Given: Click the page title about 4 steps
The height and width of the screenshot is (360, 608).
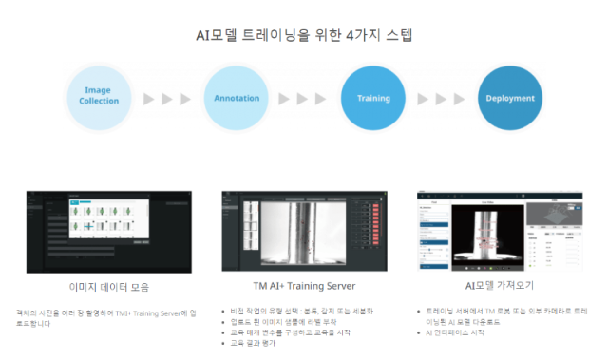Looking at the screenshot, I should pyautogui.click(x=304, y=35).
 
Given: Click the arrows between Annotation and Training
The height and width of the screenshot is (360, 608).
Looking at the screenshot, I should pyautogui.click(x=304, y=98).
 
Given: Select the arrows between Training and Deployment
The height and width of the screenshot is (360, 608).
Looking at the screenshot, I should pyautogui.click(x=441, y=98).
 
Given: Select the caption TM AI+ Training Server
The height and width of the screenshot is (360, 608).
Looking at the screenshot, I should pyautogui.click(x=303, y=286).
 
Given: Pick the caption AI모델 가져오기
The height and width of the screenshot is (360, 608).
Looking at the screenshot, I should pyautogui.click(x=503, y=286).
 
